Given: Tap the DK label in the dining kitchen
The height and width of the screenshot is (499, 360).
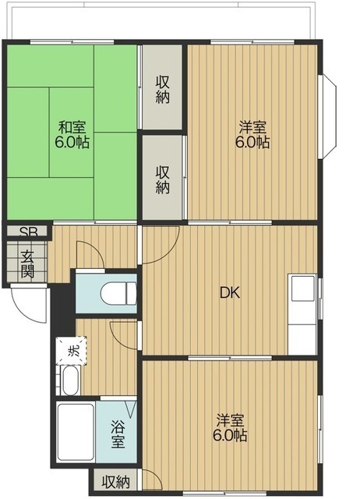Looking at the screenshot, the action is (230, 292).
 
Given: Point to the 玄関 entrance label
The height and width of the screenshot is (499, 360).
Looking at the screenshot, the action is (28, 264).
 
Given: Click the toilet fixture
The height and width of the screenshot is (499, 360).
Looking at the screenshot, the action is (118, 294).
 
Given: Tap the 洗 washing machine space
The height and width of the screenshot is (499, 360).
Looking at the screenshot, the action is (72, 350).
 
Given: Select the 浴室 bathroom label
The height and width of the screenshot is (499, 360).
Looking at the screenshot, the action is (118, 434).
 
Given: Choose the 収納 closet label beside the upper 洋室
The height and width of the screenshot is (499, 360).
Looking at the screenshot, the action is (162, 179).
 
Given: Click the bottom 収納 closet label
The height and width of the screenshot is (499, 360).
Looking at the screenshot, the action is (116, 482).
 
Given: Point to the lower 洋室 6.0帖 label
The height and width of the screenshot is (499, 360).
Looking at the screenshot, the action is (230, 428).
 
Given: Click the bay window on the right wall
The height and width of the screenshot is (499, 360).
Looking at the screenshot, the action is (330, 116).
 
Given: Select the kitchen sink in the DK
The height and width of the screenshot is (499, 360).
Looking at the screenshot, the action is (303, 288).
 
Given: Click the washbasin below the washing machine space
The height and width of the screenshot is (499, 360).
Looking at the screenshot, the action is (70, 380).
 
